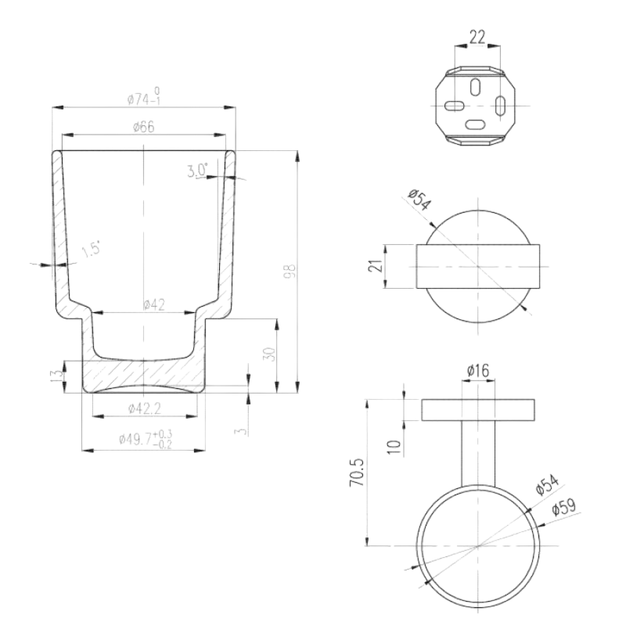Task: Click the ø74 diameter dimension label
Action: (144, 96)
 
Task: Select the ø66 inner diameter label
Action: (143, 127)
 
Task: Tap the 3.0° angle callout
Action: (198, 171)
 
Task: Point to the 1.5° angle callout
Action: (91, 250)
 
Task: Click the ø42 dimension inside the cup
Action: (153, 305)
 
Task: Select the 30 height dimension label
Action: (270, 354)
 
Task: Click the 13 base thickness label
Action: (56, 375)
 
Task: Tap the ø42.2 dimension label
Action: (145, 408)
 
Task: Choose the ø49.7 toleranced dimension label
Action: (146, 439)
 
